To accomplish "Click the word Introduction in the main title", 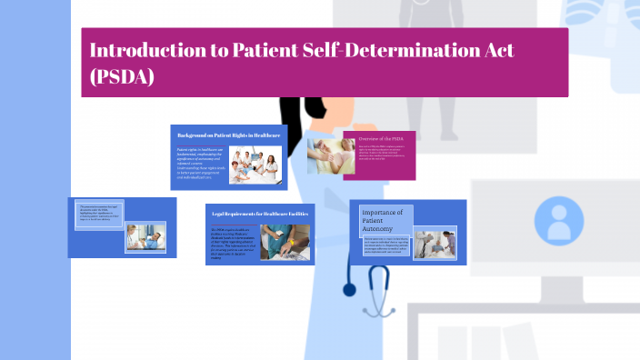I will coord(146,51).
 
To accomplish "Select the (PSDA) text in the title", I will coord(122,77).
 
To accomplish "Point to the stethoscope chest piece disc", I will coord(350,290).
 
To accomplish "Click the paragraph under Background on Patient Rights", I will coord(205,166).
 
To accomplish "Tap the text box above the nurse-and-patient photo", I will coord(98,213).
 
